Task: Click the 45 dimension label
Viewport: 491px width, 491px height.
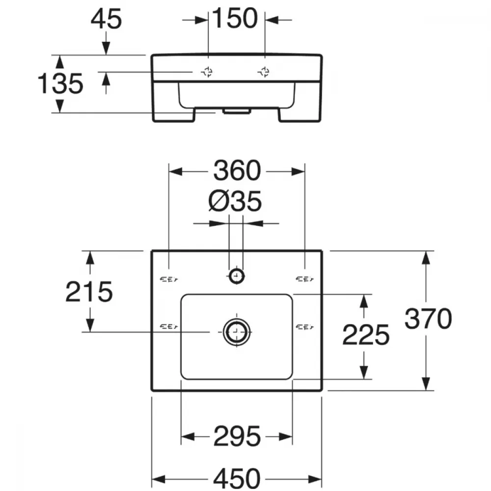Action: [x=106, y=19]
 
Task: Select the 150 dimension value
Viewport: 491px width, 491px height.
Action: [x=235, y=19]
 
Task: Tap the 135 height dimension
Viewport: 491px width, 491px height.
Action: [x=60, y=83]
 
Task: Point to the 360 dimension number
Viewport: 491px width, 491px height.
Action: [x=237, y=171]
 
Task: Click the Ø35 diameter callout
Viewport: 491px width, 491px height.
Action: [x=235, y=201]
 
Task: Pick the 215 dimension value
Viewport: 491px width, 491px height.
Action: [x=89, y=292]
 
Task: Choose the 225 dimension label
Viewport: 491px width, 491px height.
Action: [x=366, y=335]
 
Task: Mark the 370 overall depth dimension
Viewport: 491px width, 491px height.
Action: [x=428, y=319]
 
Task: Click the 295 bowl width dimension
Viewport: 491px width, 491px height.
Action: [x=237, y=436]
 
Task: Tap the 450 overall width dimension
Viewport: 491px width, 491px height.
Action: [x=237, y=478]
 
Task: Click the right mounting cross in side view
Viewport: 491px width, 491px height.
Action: [x=264, y=72]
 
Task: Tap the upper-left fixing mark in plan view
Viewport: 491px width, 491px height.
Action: [x=169, y=279]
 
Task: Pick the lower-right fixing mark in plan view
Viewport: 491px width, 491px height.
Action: [x=305, y=327]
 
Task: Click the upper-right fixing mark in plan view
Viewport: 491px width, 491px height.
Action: [x=305, y=279]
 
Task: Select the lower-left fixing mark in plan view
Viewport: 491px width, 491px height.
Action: [x=169, y=327]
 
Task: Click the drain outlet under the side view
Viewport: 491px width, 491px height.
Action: [x=237, y=111]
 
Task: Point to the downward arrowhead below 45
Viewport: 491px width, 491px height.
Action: [x=106, y=48]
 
